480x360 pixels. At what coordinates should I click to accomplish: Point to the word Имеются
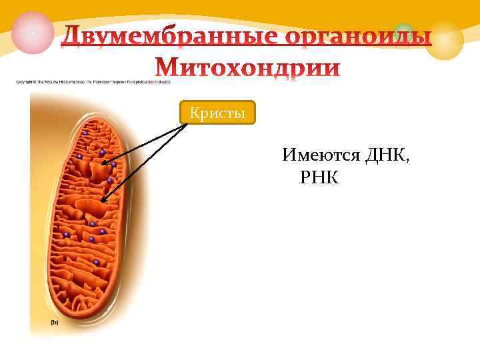pos(322,156)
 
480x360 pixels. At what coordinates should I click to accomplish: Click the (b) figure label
pos(55,321)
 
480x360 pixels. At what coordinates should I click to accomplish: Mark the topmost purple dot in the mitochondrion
pos(85,133)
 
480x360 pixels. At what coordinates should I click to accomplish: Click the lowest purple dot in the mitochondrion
pos(97,263)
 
